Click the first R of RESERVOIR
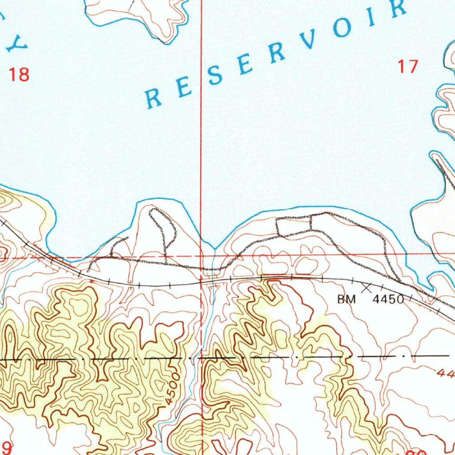(x=154, y=98)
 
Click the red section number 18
(x=20, y=74)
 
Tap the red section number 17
(x=407, y=67)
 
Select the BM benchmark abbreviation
(x=346, y=299)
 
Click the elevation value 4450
(x=388, y=299)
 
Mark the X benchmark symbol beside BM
(x=367, y=288)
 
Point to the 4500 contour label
(x=172, y=389)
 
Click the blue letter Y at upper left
(x=20, y=44)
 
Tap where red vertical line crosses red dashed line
(x=201, y=256)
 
